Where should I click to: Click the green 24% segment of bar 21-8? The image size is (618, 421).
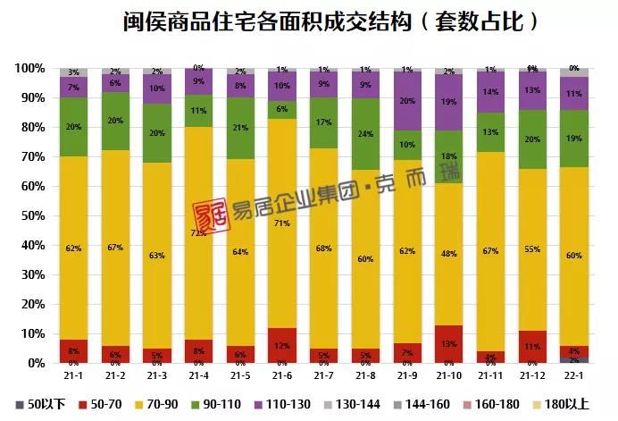pyautogui.click(x=364, y=134)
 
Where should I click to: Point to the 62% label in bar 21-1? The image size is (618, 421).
pyautogui.click(x=73, y=248)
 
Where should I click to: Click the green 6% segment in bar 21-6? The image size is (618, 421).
pyautogui.click(x=281, y=110)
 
